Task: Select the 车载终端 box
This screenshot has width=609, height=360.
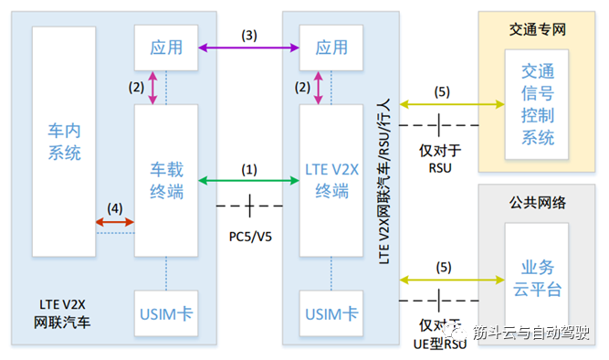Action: click(166, 180)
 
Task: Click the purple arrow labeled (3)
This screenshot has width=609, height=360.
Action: click(247, 47)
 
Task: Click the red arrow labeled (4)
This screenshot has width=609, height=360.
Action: click(115, 221)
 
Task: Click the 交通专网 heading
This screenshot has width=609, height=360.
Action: click(539, 28)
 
